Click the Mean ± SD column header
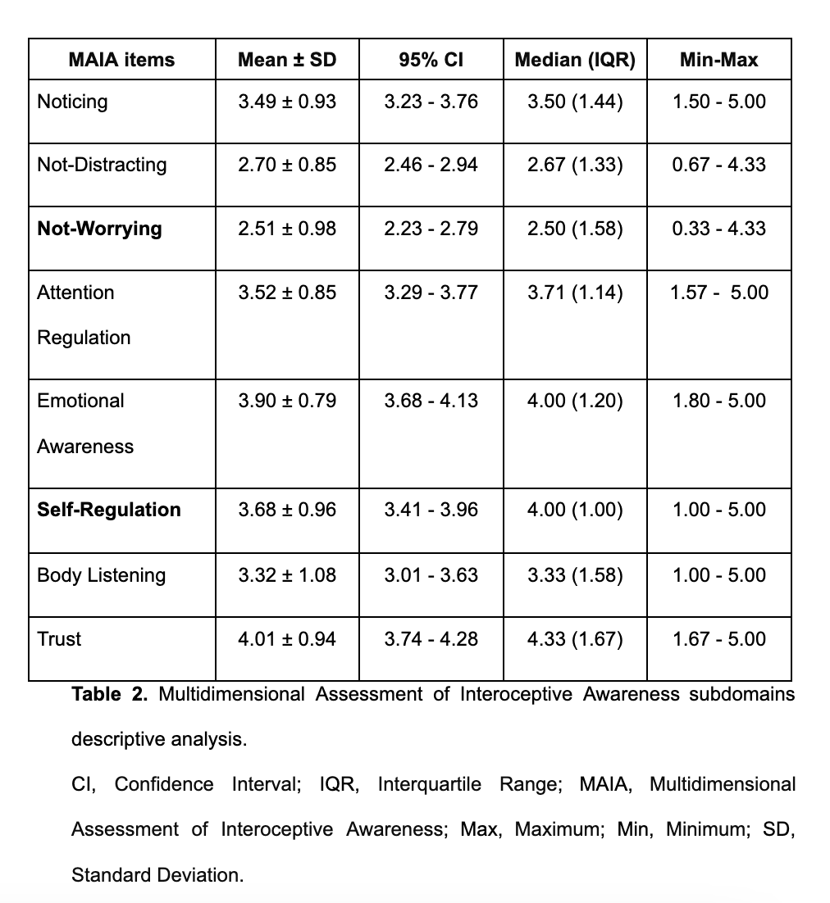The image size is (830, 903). point(286,59)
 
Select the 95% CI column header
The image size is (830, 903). point(431,59)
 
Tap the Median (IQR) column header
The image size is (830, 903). point(574,59)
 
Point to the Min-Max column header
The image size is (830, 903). point(718,59)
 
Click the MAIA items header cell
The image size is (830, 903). point(121,59)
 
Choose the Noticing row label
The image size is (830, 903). point(72,102)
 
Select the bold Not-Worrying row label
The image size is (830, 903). point(99,228)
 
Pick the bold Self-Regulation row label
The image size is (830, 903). point(109,510)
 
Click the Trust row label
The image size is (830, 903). point(59,639)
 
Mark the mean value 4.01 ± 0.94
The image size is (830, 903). point(286,639)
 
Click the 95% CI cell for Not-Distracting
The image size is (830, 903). point(431,165)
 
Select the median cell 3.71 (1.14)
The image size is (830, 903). point(574,293)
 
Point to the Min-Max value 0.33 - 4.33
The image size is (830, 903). point(718,228)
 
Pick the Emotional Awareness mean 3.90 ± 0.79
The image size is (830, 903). point(286,401)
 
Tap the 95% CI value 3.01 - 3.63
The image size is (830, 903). point(431,575)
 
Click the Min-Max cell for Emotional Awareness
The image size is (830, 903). point(718,401)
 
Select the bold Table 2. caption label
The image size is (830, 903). point(110,695)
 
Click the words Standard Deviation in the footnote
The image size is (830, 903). point(157,875)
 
